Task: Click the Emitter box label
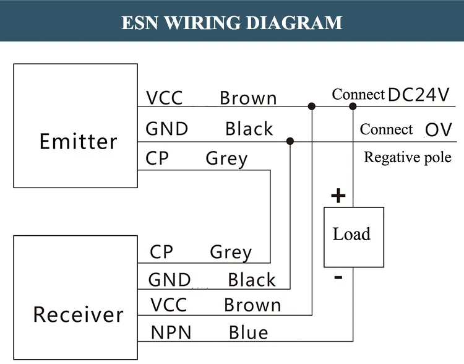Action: click(78, 141)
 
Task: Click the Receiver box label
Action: click(78, 314)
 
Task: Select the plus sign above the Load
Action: click(338, 196)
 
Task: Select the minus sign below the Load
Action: click(338, 277)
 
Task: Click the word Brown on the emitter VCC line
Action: click(248, 98)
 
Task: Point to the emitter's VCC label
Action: click(165, 98)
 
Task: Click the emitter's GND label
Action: click(166, 129)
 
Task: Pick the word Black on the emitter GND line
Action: click(249, 129)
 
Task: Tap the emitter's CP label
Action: click(157, 159)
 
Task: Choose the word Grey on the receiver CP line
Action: click(231, 253)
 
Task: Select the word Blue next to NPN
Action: click(249, 332)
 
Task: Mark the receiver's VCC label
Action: click(168, 305)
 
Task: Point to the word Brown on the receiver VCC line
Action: click(252, 305)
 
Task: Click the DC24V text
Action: click(419, 95)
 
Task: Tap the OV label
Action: click(439, 129)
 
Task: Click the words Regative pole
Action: click(408, 157)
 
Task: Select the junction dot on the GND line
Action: click(290, 142)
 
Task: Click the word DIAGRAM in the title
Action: click(294, 22)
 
